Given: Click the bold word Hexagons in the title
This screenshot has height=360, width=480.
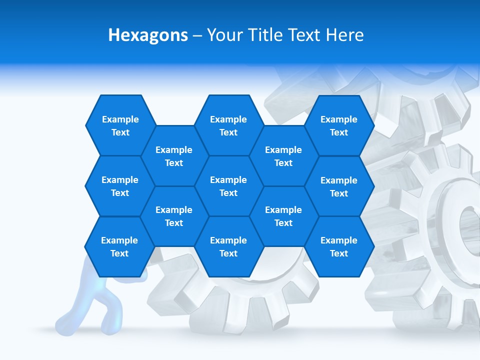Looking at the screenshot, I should [x=148, y=35].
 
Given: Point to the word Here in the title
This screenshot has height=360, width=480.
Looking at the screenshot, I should [x=345, y=35].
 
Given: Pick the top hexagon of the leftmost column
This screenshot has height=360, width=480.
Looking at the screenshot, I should [x=120, y=125].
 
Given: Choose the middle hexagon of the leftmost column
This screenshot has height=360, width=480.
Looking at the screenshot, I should [x=120, y=186].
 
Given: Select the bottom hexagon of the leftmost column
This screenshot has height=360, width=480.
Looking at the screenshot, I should [x=119, y=246].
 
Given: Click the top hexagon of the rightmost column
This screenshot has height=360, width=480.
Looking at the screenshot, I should [x=339, y=125].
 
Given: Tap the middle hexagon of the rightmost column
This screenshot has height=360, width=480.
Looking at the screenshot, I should [x=339, y=186].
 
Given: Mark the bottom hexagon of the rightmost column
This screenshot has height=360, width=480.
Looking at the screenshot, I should [x=339, y=246].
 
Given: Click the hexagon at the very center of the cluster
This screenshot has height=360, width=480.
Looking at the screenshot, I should [x=228, y=186].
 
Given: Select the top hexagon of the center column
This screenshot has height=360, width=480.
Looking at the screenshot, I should [x=228, y=125].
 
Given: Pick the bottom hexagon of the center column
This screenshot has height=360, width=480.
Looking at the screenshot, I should [x=228, y=246].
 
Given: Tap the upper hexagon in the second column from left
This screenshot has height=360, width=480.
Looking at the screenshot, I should [x=174, y=156].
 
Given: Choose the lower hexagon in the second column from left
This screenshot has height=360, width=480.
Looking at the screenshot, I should [x=174, y=216].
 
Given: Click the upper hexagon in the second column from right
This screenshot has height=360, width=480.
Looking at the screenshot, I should [x=283, y=156].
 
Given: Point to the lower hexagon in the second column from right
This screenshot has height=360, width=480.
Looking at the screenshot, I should [x=283, y=216].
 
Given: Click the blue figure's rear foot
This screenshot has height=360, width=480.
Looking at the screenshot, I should [x=65, y=320].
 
